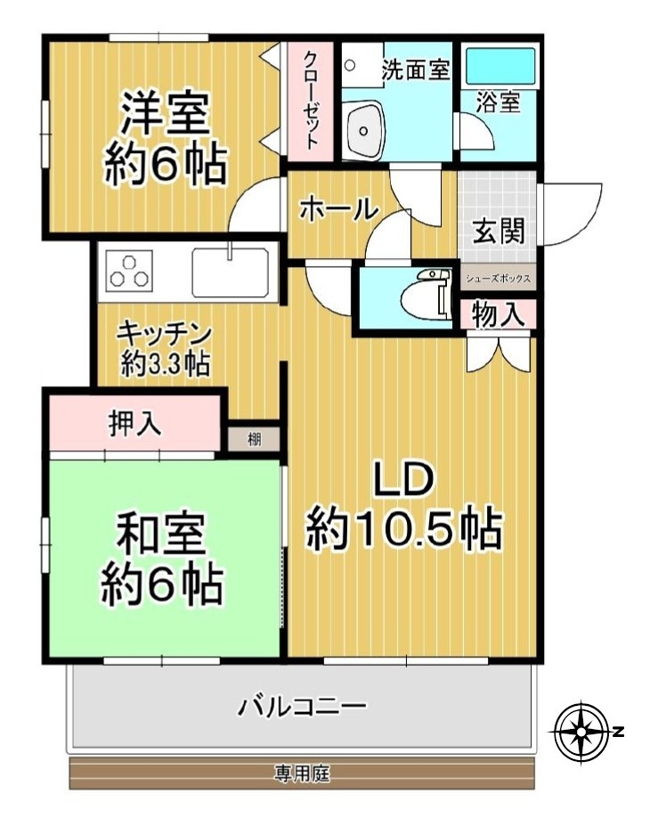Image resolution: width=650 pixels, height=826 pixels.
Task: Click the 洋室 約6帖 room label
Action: (x=166, y=139)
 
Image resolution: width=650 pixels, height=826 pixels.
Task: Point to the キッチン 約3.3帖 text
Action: (x=165, y=348)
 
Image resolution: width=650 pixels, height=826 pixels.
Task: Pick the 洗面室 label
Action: (x=416, y=69)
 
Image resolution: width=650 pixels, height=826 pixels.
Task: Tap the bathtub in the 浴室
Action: (x=500, y=66)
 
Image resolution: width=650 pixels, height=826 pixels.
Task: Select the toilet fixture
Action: (x=426, y=295)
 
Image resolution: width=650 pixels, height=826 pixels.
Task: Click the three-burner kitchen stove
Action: (x=129, y=271)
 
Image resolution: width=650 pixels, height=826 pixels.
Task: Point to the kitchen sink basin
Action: (x=230, y=272)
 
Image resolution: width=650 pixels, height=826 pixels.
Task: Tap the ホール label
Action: (x=339, y=210)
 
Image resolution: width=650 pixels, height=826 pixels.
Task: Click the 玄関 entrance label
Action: (x=498, y=231)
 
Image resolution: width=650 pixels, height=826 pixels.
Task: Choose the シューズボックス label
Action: (x=498, y=279)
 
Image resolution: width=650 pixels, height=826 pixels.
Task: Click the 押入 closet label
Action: (x=135, y=423)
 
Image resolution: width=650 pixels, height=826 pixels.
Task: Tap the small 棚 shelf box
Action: (x=254, y=439)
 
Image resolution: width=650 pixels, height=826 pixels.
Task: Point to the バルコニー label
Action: (x=302, y=706)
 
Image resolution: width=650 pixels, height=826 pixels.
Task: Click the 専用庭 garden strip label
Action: (x=302, y=773)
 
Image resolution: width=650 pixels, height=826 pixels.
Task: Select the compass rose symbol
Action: (x=581, y=732)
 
